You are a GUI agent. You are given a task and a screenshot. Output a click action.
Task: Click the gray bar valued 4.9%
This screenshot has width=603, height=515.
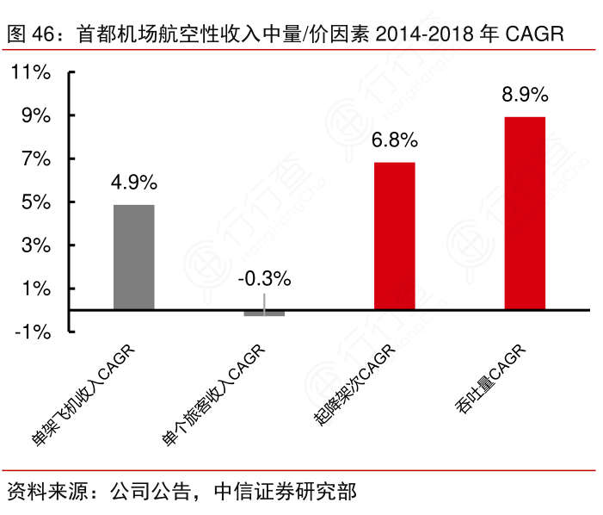(x=134, y=257)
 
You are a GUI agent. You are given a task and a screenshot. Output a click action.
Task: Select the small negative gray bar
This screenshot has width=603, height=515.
(x=264, y=313)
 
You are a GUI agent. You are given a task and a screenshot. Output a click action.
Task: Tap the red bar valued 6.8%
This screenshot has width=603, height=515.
(x=395, y=235)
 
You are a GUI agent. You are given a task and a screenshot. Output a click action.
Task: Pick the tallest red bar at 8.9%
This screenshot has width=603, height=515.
(x=525, y=213)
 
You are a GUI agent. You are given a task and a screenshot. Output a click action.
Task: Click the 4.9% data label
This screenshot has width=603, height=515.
(x=134, y=183)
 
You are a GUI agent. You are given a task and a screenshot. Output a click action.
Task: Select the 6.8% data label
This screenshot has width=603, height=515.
(x=395, y=140)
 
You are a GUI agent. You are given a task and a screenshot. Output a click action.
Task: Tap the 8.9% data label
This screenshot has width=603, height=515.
(x=525, y=94)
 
